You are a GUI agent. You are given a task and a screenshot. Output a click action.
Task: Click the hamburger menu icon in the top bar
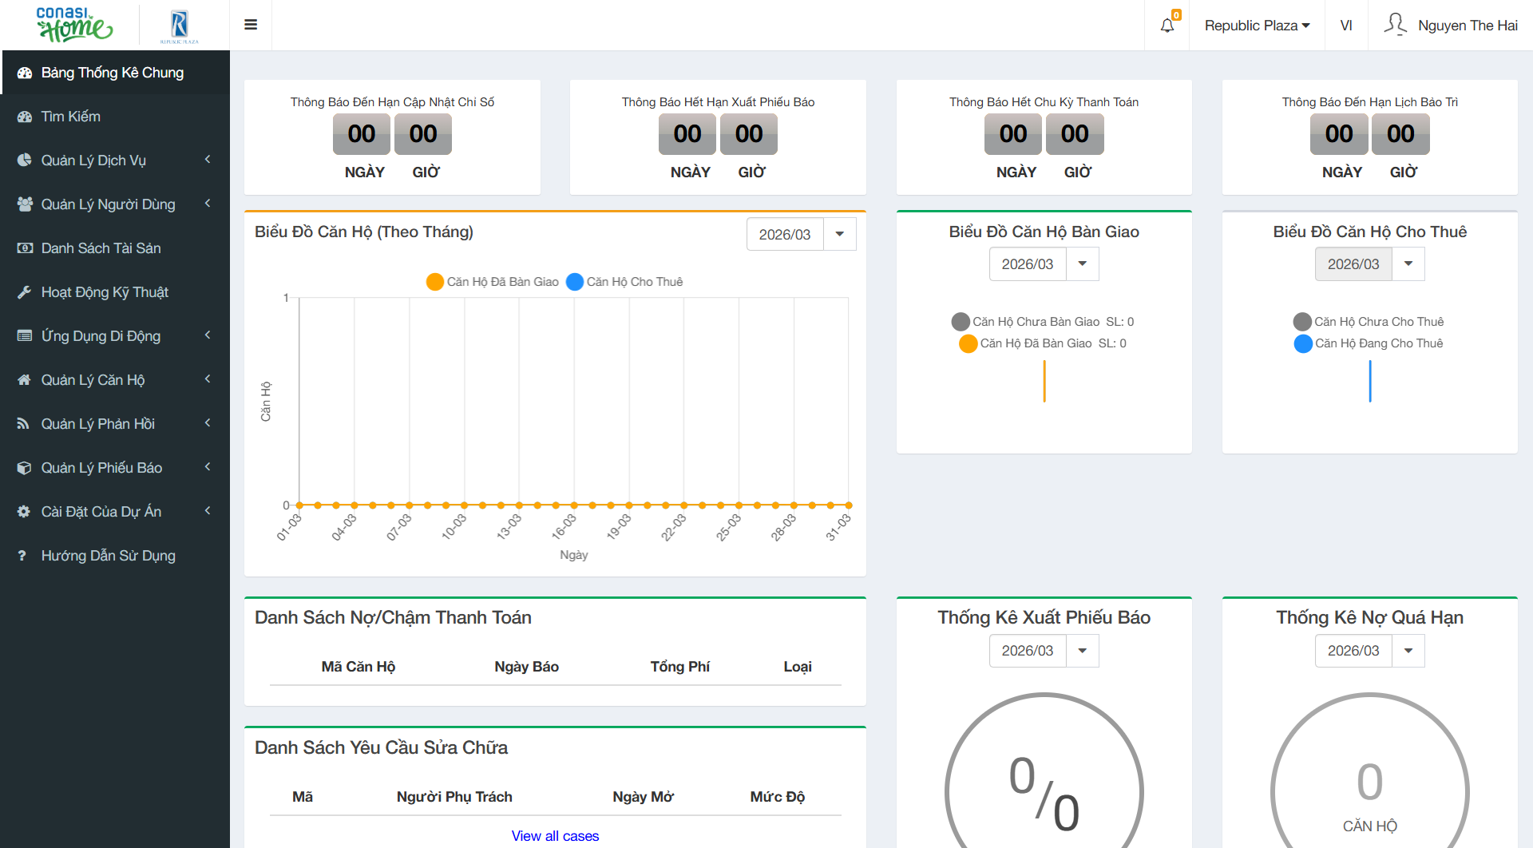pyautogui.click(x=251, y=25)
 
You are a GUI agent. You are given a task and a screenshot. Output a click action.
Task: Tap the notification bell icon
pyautogui.click(x=1167, y=26)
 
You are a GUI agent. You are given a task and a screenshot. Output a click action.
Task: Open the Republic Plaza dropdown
pyautogui.click(x=1257, y=26)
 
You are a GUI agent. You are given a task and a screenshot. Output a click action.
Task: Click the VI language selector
pyautogui.click(x=1346, y=26)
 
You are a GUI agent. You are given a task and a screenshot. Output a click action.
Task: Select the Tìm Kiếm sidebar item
pyautogui.click(x=71, y=117)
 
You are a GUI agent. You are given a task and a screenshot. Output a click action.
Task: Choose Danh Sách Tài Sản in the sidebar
pyautogui.click(x=101, y=248)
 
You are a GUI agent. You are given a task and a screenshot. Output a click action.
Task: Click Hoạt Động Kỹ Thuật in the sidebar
pyautogui.click(x=105, y=292)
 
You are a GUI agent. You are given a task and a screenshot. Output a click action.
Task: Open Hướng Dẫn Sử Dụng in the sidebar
pyautogui.click(x=108, y=556)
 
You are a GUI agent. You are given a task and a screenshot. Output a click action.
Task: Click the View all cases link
pyautogui.click(x=555, y=836)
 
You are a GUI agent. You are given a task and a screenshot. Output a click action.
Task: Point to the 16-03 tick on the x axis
pyautogui.click(x=564, y=527)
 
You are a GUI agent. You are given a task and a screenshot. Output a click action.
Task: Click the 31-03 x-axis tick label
pyautogui.click(x=838, y=527)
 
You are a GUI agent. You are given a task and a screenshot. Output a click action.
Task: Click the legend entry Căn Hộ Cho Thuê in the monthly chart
pyautogui.click(x=634, y=282)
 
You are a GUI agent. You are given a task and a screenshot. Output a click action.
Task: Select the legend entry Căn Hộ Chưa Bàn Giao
pyautogui.click(x=1035, y=322)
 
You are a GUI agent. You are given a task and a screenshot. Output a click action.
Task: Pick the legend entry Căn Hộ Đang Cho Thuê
pyautogui.click(x=1378, y=343)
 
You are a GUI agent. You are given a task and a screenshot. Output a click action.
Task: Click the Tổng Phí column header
pyautogui.click(x=679, y=667)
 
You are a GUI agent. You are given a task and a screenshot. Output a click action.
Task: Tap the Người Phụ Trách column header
pyautogui.click(x=454, y=797)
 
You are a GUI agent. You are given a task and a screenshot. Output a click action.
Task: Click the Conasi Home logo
pyautogui.click(x=74, y=25)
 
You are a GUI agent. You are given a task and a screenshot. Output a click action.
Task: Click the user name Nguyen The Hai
pyautogui.click(x=1467, y=26)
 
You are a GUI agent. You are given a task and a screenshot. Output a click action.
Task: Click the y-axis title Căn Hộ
pyautogui.click(x=266, y=402)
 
